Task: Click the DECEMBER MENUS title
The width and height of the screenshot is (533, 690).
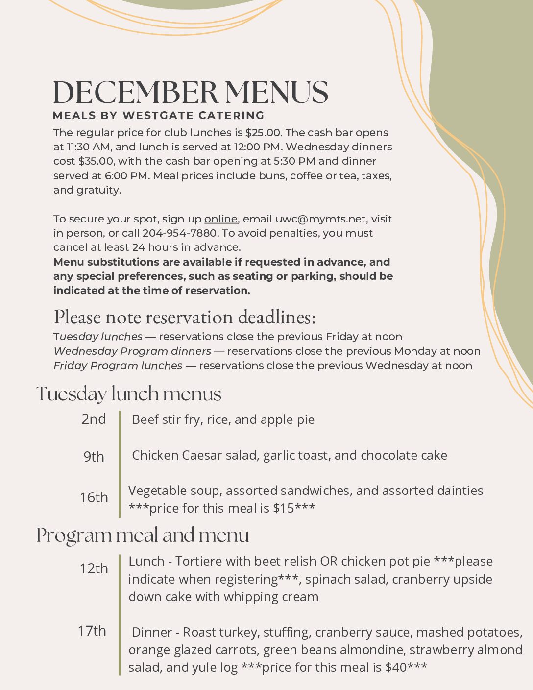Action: click(x=190, y=92)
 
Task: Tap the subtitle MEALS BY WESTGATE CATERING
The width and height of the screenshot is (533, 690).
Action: click(x=159, y=116)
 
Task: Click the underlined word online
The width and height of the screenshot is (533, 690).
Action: click(x=220, y=219)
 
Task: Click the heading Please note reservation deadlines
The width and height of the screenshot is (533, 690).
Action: click(x=184, y=318)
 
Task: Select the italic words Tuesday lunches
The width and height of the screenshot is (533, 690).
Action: click(x=98, y=337)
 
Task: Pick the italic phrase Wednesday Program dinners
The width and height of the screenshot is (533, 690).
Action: click(x=132, y=351)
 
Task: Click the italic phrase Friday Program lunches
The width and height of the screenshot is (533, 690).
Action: click(x=118, y=366)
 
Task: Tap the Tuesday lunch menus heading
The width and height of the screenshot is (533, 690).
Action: click(x=129, y=394)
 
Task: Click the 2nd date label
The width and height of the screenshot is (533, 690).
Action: click(x=94, y=419)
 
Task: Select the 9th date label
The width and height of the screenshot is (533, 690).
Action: click(x=94, y=457)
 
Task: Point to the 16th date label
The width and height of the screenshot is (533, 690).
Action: click(x=94, y=497)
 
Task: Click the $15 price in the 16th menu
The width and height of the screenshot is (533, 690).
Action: click(x=283, y=508)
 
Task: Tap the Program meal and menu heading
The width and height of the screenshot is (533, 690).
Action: click(x=143, y=535)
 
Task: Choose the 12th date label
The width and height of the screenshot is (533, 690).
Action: click(x=94, y=568)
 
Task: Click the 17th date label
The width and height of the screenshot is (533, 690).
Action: click(x=92, y=631)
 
